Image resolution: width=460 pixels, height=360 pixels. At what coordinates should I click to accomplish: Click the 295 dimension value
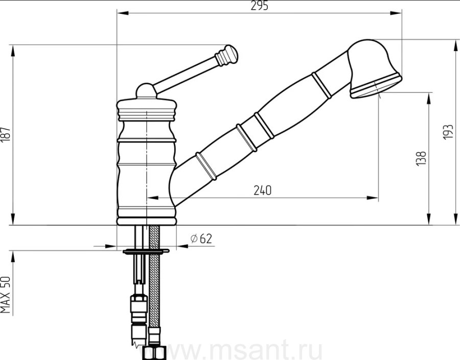(x=259, y=6)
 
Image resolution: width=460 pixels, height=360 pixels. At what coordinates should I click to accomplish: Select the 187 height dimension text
(x=6, y=135)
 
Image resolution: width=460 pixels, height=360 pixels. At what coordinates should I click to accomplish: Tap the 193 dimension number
(x=449, y=132)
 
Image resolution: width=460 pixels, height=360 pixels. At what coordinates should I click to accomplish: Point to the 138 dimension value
(x=421, y=158)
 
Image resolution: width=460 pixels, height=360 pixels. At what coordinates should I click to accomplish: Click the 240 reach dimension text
(x=263, y=190)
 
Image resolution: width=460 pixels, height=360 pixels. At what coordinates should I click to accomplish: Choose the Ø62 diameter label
(x=201, y=239)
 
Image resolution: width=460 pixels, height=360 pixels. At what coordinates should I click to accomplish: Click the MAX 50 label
(x=6, y=295)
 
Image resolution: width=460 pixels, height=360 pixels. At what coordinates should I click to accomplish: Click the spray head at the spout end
(x=374, y=69)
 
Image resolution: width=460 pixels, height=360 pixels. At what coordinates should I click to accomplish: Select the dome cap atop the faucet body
(x=146, y=90)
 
